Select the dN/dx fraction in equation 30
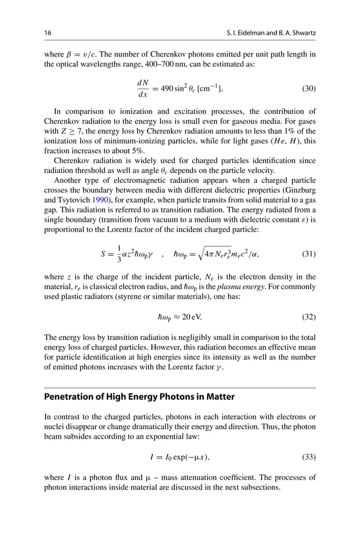coord(142,89)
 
